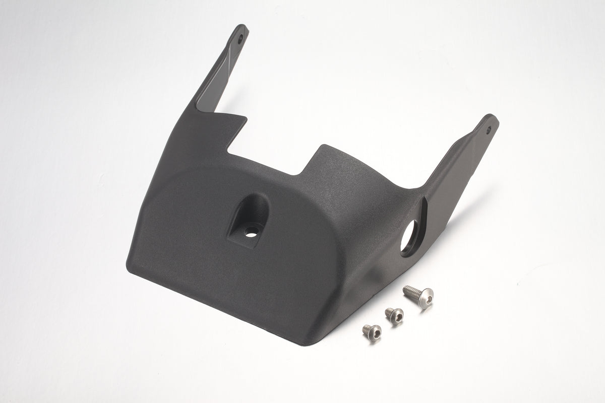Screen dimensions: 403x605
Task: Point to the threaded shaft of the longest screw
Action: point(409,291)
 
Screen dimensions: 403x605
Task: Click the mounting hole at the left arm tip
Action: point(240,37)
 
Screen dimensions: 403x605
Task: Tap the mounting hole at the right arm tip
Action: point(488,128)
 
